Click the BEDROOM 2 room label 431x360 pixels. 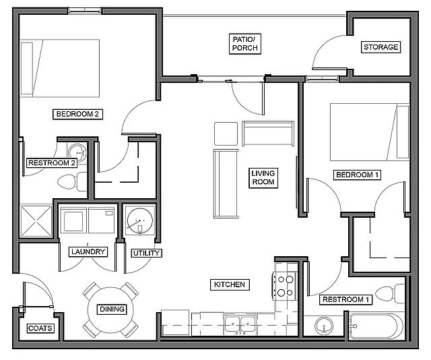pos(77,114)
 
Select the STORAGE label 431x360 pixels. pos(381,47)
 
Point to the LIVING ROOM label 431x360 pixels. pos(263,177)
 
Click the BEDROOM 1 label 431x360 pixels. pos(358,175)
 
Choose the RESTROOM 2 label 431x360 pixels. pos(51,162)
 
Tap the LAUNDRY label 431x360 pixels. pos(88,252)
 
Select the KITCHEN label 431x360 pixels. pos(229,284)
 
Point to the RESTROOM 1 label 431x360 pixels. pos(346,299)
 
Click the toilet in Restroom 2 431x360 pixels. pos(70,181)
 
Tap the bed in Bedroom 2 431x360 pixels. pos(59,69)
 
